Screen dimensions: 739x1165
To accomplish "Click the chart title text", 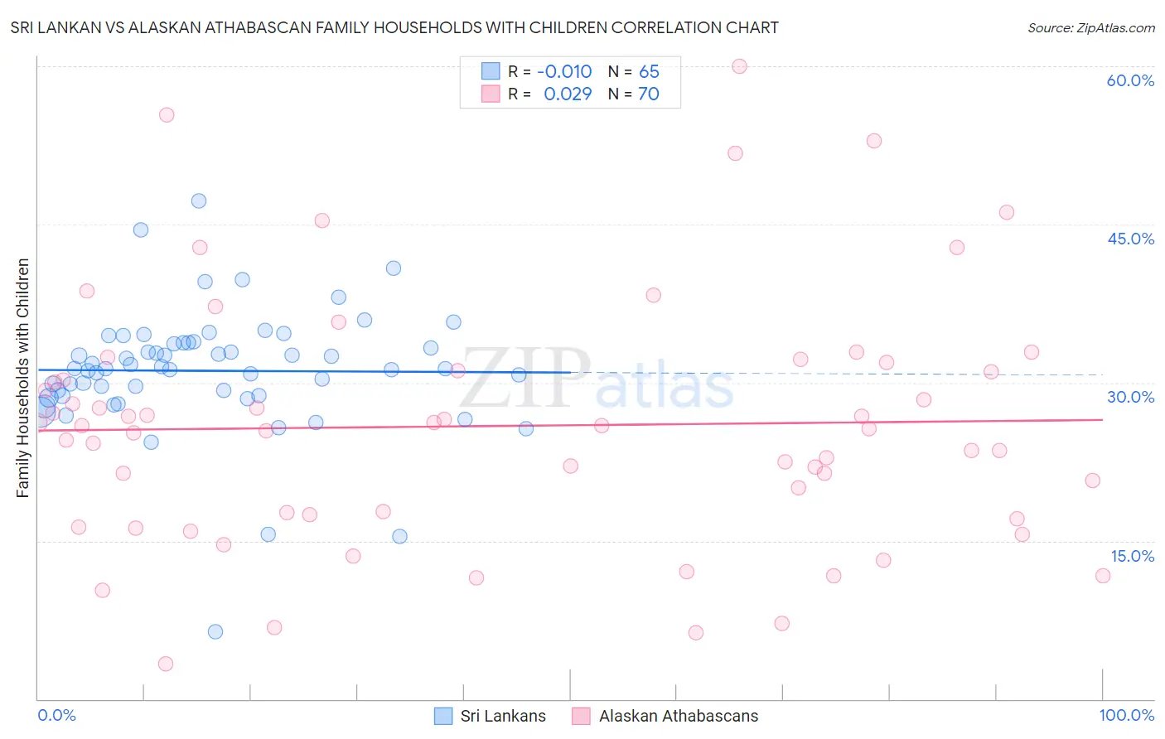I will click(x=394, y=27).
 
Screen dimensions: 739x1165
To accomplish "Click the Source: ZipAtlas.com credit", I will click(x=1090, y=27).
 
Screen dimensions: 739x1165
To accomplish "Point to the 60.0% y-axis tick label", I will click(x=1130, y=80).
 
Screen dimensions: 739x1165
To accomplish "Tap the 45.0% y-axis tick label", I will click(x=1130, y=239).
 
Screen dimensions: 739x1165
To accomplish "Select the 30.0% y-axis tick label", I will click(x=1130, y=397).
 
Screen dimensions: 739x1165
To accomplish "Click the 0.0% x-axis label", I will click(x=57, y=715).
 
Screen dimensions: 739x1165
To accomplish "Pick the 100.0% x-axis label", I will click(x=1126, y=715).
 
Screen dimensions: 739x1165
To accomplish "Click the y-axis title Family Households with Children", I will click(x=23, y=378).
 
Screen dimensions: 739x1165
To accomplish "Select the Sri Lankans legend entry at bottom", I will click(x=491, y=716).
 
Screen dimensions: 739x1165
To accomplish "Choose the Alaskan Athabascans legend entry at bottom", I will click(x=665, y=716).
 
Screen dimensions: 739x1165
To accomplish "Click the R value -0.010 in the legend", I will click(x=564, y=71).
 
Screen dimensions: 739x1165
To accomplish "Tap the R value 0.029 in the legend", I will click(x=568, y=94).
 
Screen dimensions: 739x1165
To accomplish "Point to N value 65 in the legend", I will click(x=649, y=71).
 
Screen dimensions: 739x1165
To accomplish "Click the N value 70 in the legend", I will click(x=649, y=94).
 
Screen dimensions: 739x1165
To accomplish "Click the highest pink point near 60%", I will click(x=739, y=66).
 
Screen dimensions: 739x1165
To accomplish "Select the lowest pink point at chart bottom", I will click(x=166, y=664).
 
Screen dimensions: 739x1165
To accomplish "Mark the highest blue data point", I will click(x=199, y=200).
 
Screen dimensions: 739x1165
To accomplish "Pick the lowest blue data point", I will click(x=215, y=631).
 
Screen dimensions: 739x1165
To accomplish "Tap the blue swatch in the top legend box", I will click(x=491, y=71).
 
